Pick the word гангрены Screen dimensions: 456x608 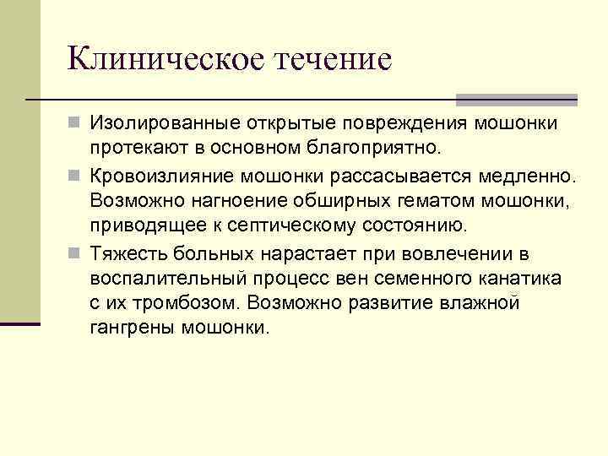[130, 328]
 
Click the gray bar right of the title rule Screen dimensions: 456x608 [517, 99]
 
